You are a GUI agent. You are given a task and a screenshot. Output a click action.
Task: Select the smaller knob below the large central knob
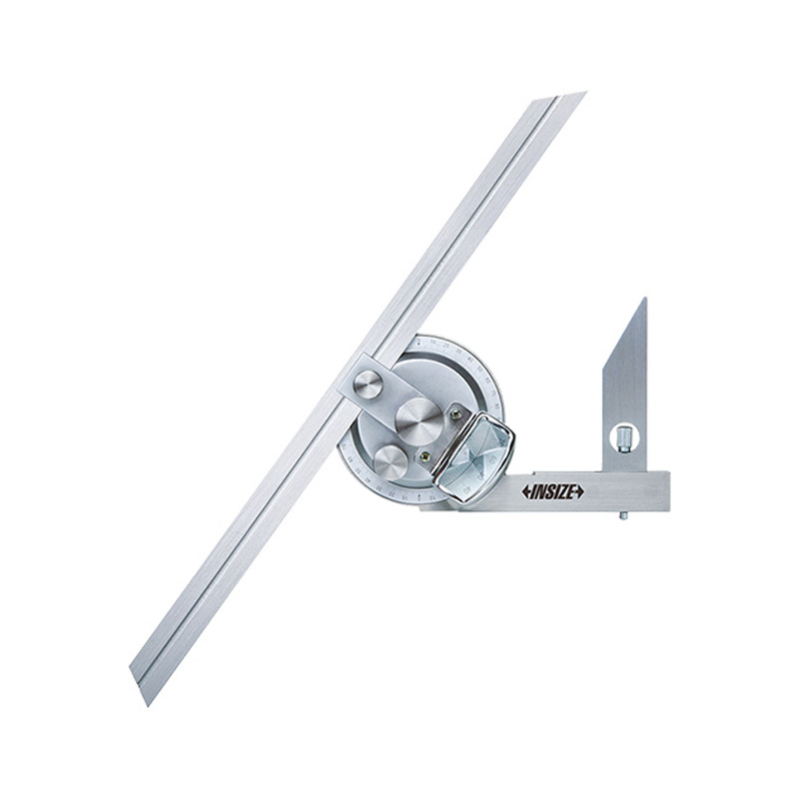click(391, 460)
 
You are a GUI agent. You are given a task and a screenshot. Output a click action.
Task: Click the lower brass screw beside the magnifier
click(427, 457)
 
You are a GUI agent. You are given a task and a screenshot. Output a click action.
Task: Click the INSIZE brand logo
click(552, 491)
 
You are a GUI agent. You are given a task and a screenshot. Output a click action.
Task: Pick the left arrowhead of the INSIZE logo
click(525, 491)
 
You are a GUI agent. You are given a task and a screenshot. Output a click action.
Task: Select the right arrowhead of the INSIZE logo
click(579, 491)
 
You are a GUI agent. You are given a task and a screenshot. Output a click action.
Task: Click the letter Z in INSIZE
click(562, 491)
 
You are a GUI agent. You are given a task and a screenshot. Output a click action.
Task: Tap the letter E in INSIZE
click(571, 491)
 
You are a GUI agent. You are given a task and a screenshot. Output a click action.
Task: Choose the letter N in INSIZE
click(539, 491)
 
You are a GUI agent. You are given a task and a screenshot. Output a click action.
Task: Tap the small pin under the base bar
click(621, 516)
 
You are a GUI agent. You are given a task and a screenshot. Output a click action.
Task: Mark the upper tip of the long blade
click(583, 94)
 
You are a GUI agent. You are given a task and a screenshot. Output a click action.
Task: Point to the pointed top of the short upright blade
click(644, 300)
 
